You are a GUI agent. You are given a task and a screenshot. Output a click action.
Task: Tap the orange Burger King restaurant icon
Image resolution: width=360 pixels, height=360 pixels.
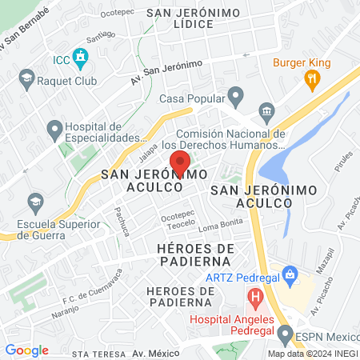[x=312, y=78]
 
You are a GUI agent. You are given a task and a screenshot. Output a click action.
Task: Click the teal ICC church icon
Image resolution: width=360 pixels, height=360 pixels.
[x=79, y=58]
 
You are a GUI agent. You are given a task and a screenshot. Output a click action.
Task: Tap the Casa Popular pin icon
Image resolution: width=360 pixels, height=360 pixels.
[x=235, y=98]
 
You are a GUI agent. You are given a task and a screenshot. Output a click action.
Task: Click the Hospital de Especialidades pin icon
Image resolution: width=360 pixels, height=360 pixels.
[x=55, y=128]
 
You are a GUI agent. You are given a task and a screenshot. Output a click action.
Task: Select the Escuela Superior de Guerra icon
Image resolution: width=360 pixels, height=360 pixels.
[x=34, y=200]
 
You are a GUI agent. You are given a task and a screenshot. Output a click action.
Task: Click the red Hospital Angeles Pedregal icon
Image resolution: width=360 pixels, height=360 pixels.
[x=256, y=300]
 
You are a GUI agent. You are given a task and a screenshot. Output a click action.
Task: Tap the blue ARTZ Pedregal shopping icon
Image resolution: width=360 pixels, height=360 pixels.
[x=291, y=277]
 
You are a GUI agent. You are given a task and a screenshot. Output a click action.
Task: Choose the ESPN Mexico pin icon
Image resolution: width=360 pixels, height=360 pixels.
[x=286, y=333]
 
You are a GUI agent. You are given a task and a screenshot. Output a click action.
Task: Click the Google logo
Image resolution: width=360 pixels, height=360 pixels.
[x=26, y=350]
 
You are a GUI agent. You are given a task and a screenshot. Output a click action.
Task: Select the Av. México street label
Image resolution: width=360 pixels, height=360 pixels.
[x=154, y=353]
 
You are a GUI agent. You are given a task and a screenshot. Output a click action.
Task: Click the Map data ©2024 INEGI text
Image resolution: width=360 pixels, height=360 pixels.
[x=312, y=354]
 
